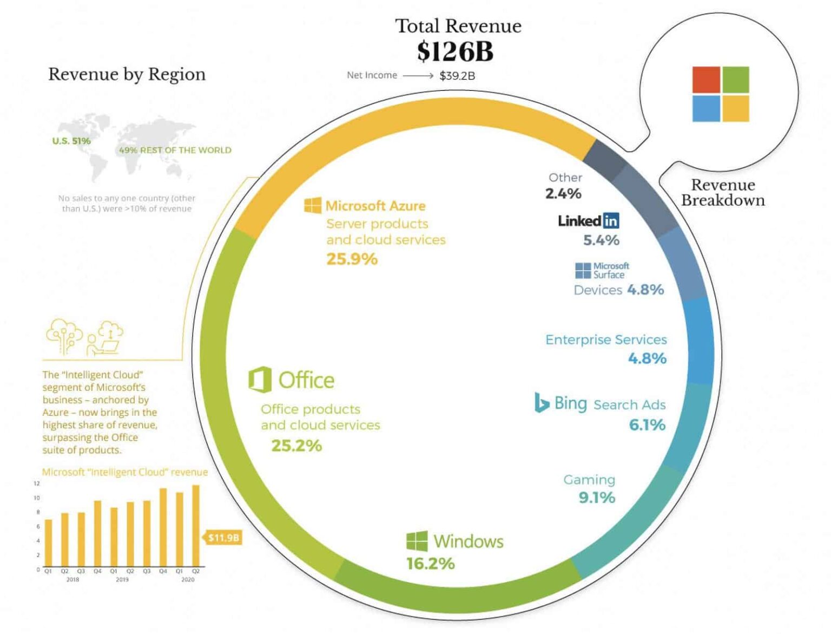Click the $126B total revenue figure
pos(455,51)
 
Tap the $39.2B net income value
pos(457,76)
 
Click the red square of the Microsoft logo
pos(706,80)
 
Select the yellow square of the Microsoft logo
pos(735,108)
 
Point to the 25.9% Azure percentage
pos(352,259)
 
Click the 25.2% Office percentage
pos(296,446)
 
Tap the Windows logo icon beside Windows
pos(417,541)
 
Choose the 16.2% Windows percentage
pos(430,564)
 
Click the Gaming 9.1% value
pos(597,498)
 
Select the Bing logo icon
pos(541,403)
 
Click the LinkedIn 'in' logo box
pos(611,220)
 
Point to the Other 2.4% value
pos(563,193)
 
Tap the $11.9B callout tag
pos(223,538)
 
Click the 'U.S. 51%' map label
pos(71,141)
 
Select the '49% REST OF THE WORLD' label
pos(175,150)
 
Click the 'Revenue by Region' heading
pos(127,74)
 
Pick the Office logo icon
pos(260,380)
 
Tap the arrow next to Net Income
pos(418,76)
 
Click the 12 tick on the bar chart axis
pos(37,483)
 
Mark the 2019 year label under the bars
pos(122,579)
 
